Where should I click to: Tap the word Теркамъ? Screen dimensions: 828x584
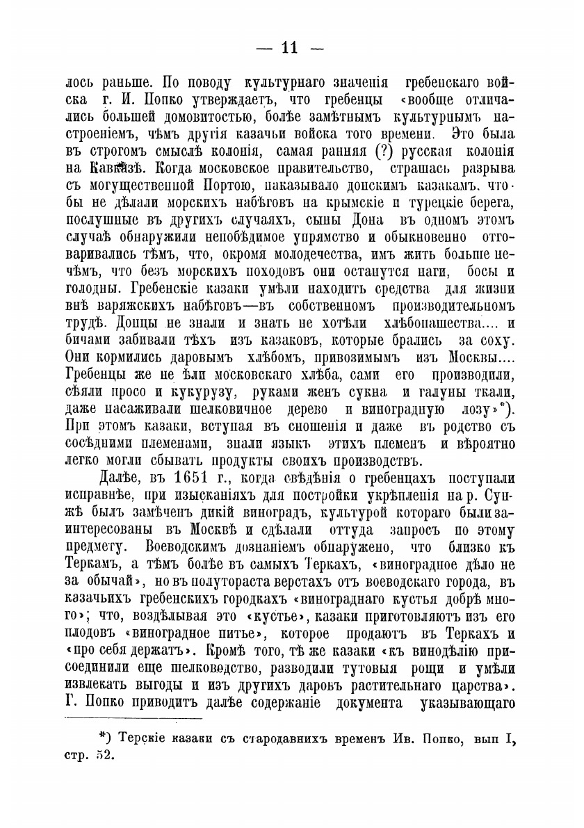tap(83, 567)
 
